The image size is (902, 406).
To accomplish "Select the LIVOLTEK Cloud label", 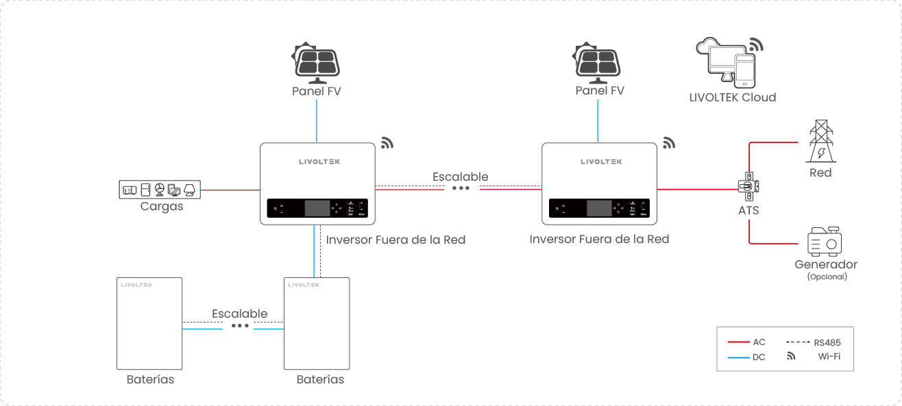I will (733, 97).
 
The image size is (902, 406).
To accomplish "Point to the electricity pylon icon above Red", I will (820, 142).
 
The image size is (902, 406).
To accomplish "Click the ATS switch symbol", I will (748, 187).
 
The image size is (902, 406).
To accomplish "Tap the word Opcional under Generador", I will (827, 277).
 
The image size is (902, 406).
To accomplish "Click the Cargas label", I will (162, 206).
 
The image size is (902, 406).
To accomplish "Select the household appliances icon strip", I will (160, 189).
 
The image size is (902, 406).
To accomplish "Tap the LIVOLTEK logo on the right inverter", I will (601, 162).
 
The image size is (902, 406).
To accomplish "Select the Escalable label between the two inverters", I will (461, 177).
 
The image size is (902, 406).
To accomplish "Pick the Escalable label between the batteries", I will (239, 314).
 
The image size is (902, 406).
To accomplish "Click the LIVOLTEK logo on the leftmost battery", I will (136, 284).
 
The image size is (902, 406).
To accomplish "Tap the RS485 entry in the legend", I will (827, 342).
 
